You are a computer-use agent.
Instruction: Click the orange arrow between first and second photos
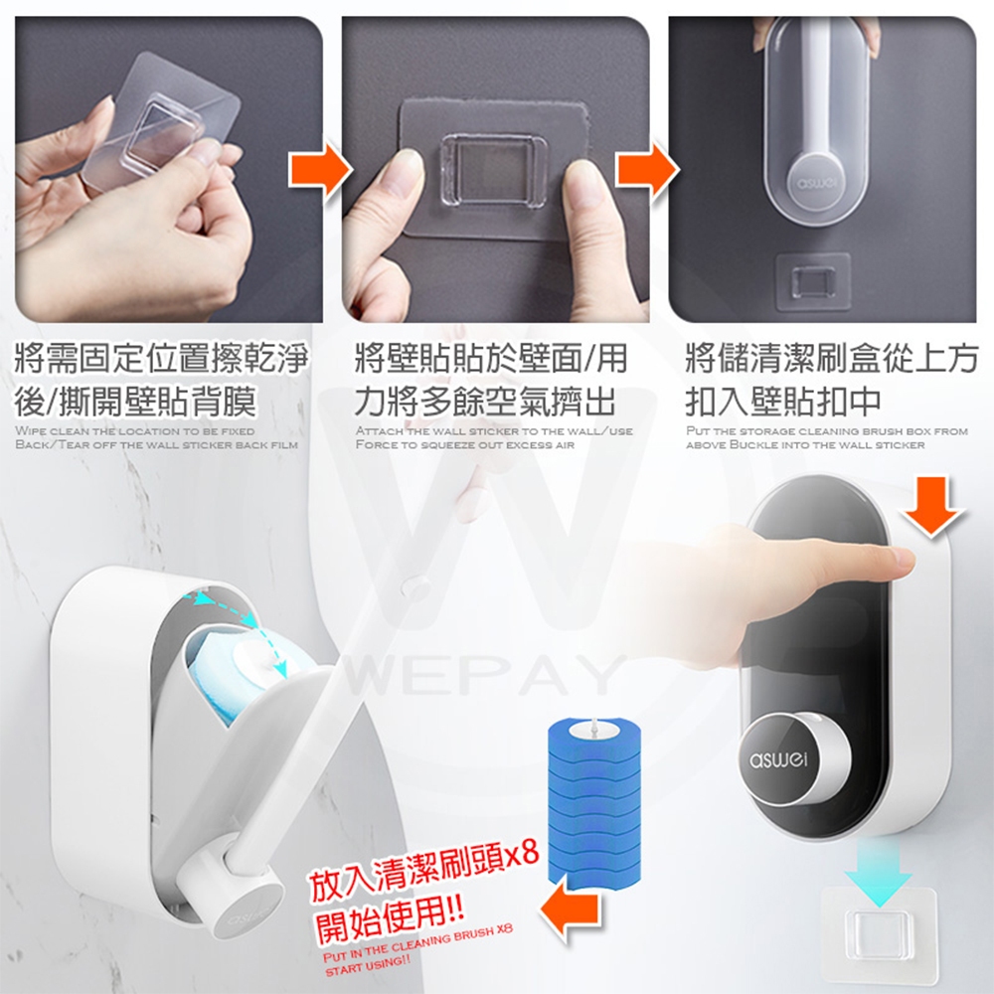click(319, 170)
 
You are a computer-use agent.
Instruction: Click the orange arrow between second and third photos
click(647, 170)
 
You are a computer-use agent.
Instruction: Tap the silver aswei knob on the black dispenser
click(793, 757)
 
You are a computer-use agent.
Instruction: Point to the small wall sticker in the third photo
click(813, 282)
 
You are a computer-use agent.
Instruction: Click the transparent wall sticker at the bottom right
click(879, 935)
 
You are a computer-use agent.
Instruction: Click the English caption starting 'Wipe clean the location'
click(156, 438)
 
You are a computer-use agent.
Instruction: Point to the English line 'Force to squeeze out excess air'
click(464, 445)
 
